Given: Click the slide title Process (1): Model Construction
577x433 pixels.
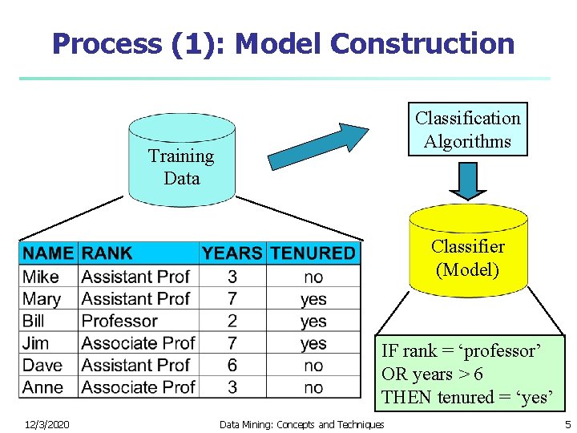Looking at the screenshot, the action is point(284,43).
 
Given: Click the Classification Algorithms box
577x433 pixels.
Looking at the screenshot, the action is point(467,129).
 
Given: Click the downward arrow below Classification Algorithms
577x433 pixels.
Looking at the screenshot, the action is point(467,180).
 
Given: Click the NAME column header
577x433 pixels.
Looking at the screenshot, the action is point(48,253).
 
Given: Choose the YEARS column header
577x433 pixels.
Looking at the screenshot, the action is point(232,253).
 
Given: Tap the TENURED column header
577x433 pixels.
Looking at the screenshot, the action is point(313,253).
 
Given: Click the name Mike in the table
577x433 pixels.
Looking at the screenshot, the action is point(41,277).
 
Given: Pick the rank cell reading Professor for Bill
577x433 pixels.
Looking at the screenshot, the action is point(119,321).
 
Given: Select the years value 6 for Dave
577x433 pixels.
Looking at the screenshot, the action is point(232,366).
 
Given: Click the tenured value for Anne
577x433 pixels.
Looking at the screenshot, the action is point(313,388).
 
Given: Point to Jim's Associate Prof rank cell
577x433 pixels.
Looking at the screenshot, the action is point(138,343).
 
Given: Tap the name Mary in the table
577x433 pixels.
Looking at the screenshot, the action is point(42,299).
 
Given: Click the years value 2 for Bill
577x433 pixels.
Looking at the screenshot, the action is point(232,321).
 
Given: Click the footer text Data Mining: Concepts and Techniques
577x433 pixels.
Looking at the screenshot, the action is point(301,424).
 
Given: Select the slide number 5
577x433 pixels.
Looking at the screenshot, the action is point(567,424).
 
